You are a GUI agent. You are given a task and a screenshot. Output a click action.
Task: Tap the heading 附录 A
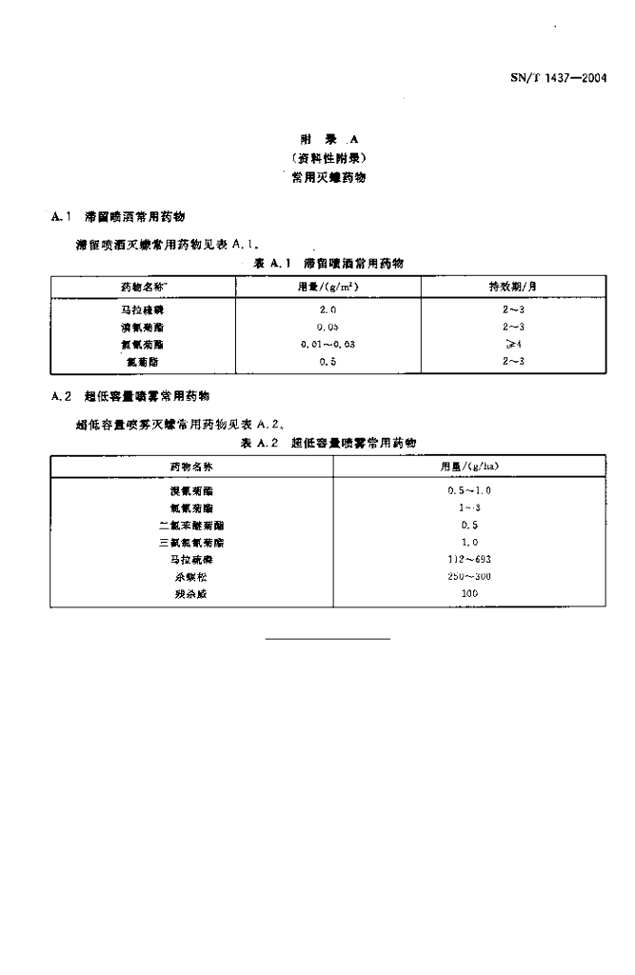coord(329,138)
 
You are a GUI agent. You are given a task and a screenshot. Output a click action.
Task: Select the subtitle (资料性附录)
coord(329,157)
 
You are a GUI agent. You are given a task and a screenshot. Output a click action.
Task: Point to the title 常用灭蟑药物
coord(329,177)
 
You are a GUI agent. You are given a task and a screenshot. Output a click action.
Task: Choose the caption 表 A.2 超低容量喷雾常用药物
coord(328,443)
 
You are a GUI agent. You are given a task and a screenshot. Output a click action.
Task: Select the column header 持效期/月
coord(513,286)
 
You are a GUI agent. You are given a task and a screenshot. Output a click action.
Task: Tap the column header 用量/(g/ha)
coord(469,467)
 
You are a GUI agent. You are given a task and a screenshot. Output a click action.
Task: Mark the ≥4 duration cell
coord(513,345)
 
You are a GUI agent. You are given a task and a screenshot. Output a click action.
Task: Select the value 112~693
coord(469,559)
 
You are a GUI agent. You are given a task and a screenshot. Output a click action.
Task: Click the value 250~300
coord(469,576)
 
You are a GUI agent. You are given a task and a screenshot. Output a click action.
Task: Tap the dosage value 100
coord(469,593)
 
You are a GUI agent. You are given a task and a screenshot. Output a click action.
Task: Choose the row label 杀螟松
coord(191,576)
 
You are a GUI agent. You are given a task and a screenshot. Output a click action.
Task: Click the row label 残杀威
coord(191,593)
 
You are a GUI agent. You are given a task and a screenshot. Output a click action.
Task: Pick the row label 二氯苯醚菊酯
coord(191,525)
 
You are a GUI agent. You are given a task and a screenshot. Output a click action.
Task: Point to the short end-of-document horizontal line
coord(327,638)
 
